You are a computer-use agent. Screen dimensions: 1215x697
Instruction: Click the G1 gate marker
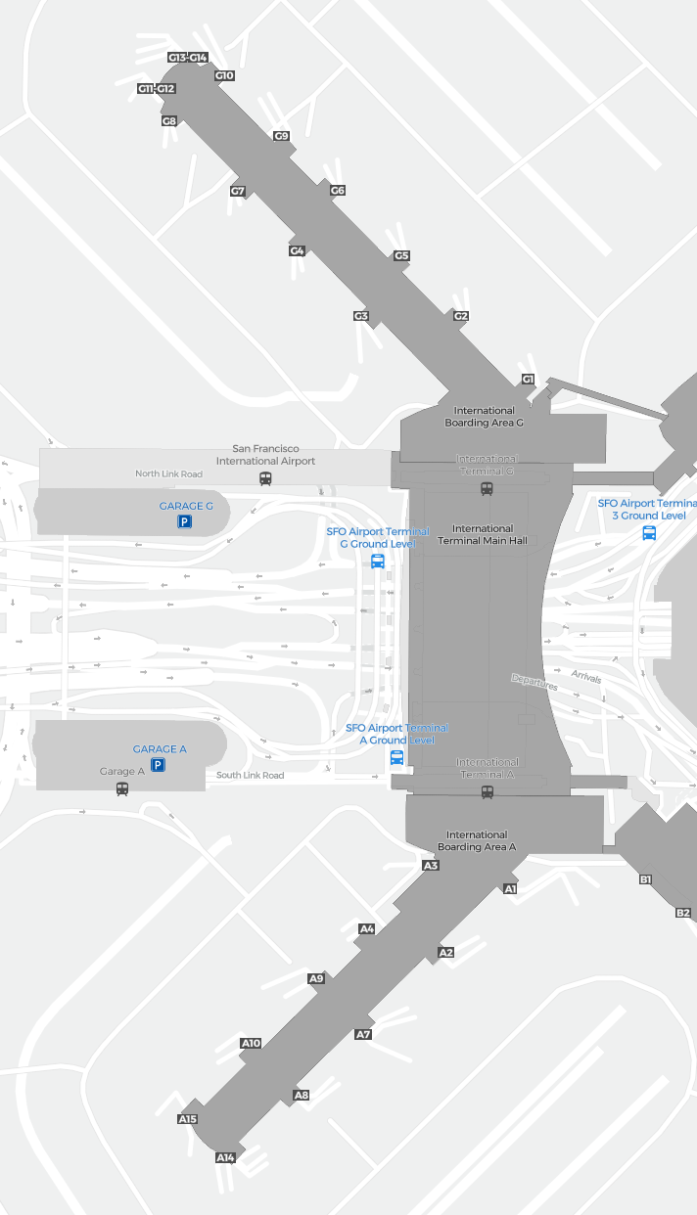pyautogui.click(x=528, y=380)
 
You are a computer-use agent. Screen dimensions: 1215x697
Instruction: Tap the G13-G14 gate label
pyautogui.click(x=188, y=58)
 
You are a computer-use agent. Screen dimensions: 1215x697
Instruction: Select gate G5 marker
pyautogui.click(x=401, y=256)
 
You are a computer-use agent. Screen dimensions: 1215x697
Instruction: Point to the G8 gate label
pyautogui.click(x=169, y=121)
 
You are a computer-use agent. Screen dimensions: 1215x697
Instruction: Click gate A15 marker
pyautogui.click(x=188, y=1119)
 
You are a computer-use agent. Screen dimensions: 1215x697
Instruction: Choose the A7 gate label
pyautogui.click(x=363, y=1034)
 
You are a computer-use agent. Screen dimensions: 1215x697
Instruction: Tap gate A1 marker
pyautogui.click(x=510, y=889)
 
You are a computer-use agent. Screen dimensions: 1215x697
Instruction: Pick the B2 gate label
pyautogui.click(x=683, y=913)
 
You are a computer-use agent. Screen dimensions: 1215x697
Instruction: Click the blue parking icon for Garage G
pyautogui.click(x=184, y=522)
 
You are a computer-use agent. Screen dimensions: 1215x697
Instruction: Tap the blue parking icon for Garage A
pyautogui.click(x=158, y=765)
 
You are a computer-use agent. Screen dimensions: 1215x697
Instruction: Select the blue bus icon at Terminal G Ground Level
pyautogui.click(x=378, y=562)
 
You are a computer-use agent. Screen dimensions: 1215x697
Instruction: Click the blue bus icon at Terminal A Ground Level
pyautogui.click(x=396, y=757)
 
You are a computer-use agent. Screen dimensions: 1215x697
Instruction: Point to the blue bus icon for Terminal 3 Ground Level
pyautogui.click(x=649, y=532)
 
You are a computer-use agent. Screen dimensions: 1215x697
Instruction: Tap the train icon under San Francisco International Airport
pyautogui.click(x=265, y=478)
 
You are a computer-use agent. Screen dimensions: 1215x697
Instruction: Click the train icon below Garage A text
pyautogui.click(x=122, y=787)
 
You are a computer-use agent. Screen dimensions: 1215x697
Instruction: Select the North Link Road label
pyautogui.click(x=168, y=473)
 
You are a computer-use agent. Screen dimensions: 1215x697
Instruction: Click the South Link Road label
pyautogui.click(x=250, y=776)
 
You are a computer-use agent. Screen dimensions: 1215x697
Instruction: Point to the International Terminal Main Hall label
pyautogui.click(x=483, y=534)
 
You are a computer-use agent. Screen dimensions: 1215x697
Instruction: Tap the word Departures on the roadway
pyautogui.click(x=534, y=683)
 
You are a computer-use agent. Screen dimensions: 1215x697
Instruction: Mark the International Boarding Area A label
pyautogui.click(x=477, y=841)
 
